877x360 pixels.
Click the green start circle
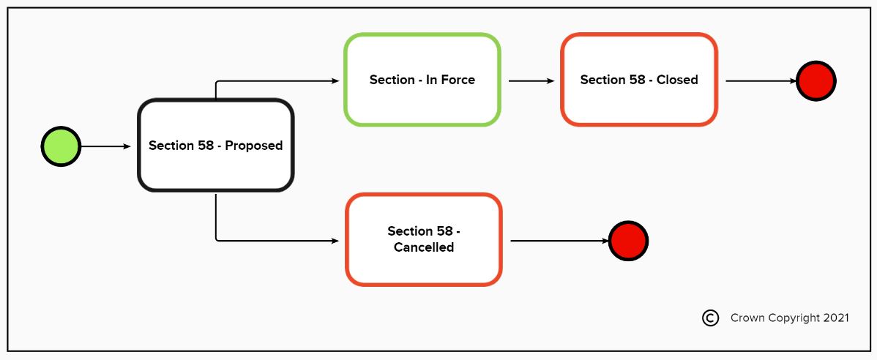point(60,146)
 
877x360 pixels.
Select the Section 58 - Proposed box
point(215,146)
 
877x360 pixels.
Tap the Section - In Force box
point(422,80)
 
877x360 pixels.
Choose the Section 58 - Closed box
point(638,80)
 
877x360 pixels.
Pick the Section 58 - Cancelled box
point(423,239)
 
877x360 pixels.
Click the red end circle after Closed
point(816,80)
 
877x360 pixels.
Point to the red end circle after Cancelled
point(628,241)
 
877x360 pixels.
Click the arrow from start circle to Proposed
point(105,146)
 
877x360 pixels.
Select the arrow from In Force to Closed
point(531,80)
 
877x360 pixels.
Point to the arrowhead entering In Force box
point(335,80)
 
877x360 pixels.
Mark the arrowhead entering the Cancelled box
point(335,241)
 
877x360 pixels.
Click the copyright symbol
point(710,318)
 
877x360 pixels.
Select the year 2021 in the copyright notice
point(835,318)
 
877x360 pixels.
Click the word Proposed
point(253,146)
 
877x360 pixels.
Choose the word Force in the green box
point(457,80)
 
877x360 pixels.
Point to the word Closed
point(677,80)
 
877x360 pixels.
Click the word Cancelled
point(423,247)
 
